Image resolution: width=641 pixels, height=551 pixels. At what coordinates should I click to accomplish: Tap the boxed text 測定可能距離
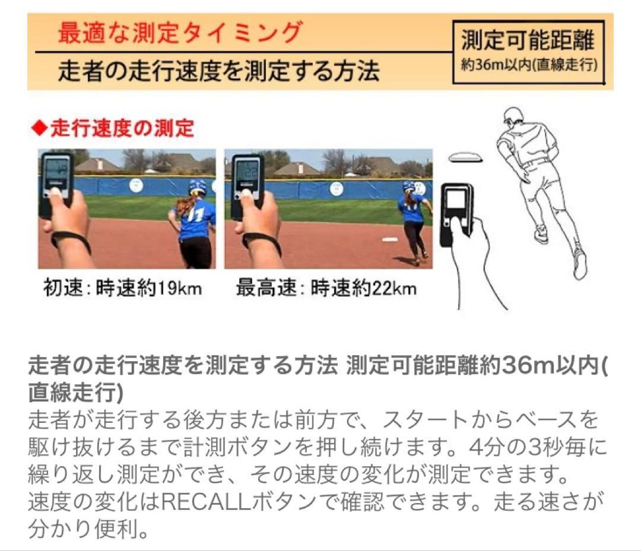point(528,41)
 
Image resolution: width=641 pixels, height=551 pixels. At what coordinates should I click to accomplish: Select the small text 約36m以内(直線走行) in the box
point(528,65)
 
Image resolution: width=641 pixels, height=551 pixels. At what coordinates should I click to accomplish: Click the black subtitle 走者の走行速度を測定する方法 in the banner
point(218,72)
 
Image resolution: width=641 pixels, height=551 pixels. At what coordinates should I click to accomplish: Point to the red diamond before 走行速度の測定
point(39,128)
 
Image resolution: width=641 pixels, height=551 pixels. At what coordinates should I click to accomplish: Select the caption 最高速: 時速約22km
point(326,289)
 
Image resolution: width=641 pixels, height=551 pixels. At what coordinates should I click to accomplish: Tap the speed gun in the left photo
point(56,176)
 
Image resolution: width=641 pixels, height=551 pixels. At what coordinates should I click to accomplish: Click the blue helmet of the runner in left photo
point(197,187)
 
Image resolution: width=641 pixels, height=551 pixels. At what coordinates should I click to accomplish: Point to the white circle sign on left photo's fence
point(137,185)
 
